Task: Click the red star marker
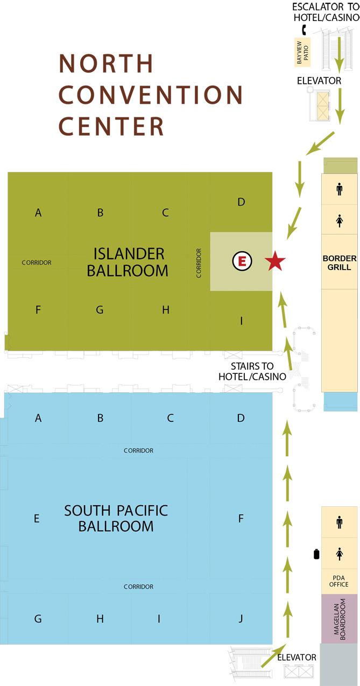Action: (x=275, y=261)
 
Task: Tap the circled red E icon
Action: (x=242, y=261)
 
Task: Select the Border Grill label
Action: (x=339, y=263)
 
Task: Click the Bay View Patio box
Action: (x=302, y=52)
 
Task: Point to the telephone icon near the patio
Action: (x=304, y=30)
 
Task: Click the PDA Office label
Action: (x=338, y=581)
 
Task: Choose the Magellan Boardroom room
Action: (x=339, y=619)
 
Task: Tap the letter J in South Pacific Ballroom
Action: (x=241, y=619)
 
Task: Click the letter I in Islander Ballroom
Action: (x=242, y=321)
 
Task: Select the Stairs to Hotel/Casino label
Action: (x=252, y=371)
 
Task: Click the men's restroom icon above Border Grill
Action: (x=339, y=189)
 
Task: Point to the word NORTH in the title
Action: (x=106, y=63)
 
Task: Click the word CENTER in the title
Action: (x=111, y=126)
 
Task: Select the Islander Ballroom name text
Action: (x=128, y=262)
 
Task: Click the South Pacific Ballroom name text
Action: (x=116, y=519)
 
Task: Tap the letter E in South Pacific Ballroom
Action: (x=37, y=519)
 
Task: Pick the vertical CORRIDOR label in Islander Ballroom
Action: (x=199, y=263)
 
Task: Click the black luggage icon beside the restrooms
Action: (x=316, y=554)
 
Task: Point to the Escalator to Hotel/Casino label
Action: (x=326, y=12)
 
